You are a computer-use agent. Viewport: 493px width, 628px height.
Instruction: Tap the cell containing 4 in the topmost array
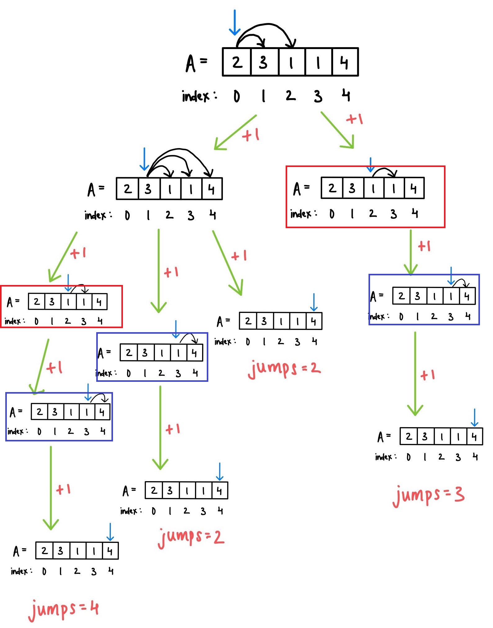(x=345, y=62)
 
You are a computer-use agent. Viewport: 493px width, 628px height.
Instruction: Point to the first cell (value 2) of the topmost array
(x=237, y=62)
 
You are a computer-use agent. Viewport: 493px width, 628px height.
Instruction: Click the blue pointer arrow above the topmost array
(x=235, y=22)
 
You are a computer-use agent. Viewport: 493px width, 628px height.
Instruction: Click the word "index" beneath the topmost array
(x=196, y=96)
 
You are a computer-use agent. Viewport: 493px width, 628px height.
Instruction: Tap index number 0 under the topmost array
(x=237, y=96)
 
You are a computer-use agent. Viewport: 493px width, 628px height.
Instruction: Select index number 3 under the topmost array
(x=318, y=96)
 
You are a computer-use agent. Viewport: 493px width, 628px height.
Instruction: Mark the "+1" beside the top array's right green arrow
(x=355, y=119)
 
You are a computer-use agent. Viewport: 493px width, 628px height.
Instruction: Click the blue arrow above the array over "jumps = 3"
(x=474, y=418)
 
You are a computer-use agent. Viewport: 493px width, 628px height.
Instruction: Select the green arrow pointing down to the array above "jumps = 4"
(x=51, y=488)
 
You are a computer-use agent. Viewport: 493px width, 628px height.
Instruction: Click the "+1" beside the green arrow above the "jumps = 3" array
(x=428, y=375)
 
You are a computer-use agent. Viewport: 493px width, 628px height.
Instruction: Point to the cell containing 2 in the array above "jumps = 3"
(x=409, y=436)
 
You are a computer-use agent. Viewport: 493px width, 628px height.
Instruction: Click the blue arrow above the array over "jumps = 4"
(x=110, y=532)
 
